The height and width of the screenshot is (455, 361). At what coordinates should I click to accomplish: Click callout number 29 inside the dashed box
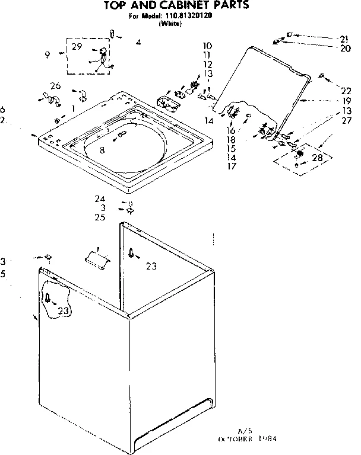[x=77, y=46]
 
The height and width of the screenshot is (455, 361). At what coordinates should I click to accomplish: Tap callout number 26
[x=55, y=86]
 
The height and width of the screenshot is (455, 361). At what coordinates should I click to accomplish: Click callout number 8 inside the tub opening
[x=102, y=150]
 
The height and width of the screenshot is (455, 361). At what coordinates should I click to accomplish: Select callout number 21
[x=344, y=39]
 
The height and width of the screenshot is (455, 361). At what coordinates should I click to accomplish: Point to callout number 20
[x=344, y=49]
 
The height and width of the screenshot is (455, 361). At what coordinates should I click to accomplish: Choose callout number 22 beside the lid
[x=346, y=91]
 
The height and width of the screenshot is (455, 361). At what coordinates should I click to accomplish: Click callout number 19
[x=345, y=101]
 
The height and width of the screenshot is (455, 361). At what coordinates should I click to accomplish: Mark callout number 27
[x=346, y=121]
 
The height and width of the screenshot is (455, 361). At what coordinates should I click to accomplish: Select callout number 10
[x=207, y=46]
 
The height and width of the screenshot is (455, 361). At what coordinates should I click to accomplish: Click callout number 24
[x=100, y=199]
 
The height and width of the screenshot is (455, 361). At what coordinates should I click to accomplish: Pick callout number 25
[x=100, y=217]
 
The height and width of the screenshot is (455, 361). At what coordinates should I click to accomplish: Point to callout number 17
[x=232, y=166]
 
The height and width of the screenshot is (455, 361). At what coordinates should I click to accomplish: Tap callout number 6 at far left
[x=3, y=110]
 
